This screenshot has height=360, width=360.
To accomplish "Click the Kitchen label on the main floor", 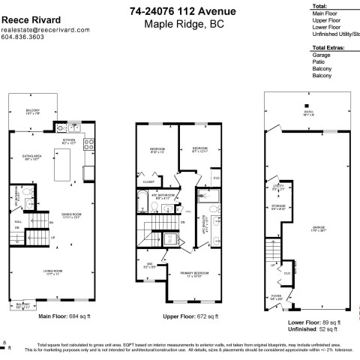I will [x=70, y=141].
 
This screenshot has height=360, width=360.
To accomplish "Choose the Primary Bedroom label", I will [x=196, y=274].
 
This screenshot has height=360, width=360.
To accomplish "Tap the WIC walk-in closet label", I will [x=149, y=265].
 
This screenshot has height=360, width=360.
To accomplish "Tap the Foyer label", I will [x=275, y=298].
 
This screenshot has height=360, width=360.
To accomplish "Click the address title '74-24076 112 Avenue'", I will [x=182, y=11].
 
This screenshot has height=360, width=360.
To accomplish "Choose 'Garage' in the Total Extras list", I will [x=322, y=55].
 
